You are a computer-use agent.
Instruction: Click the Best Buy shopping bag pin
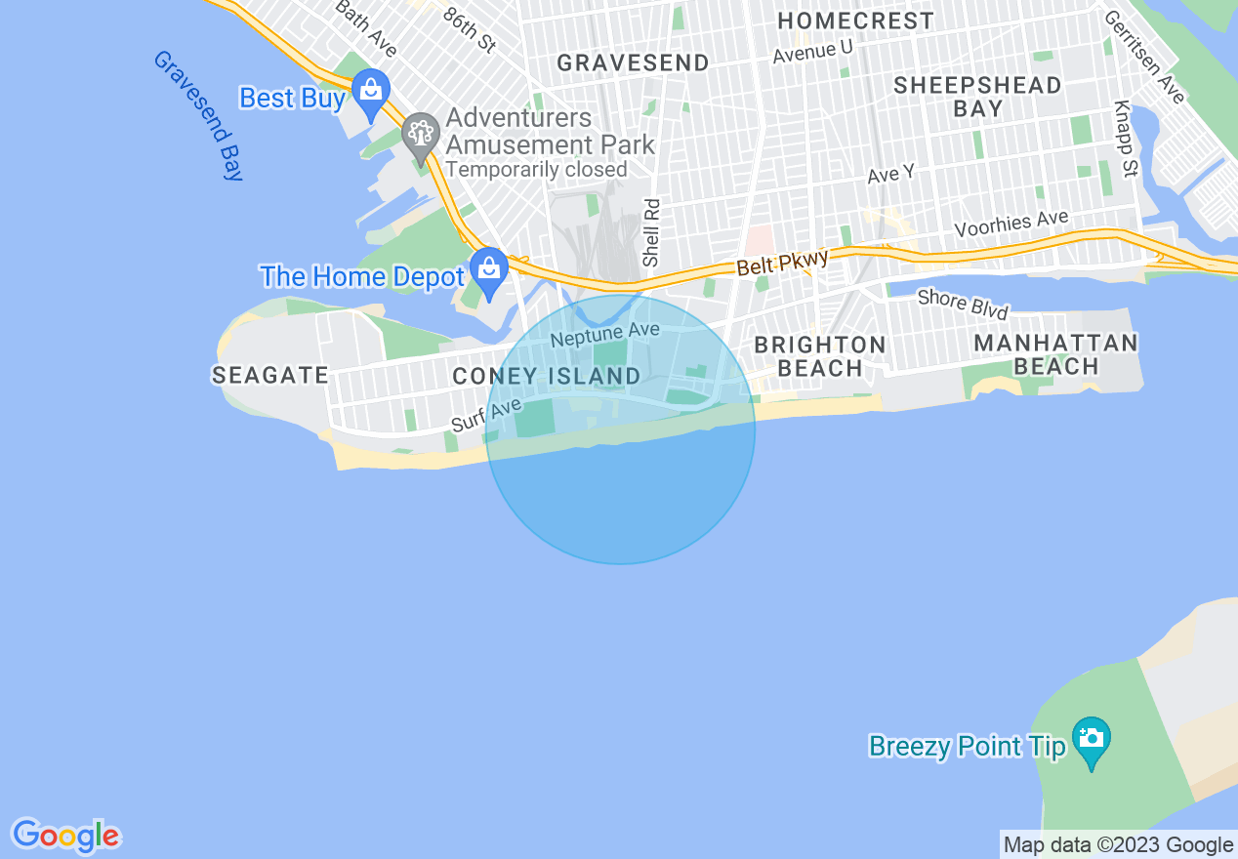click(x=371, y=91)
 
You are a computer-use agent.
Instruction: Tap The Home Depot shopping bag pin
click(x=488, y=268)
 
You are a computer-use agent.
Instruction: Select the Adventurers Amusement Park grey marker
click(x=421, y=134)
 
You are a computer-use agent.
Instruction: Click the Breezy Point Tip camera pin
click(x=1091, y=739)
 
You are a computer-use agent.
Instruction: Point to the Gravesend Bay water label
click(x=198, y=115)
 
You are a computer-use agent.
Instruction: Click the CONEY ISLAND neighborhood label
click(x=547, y=376)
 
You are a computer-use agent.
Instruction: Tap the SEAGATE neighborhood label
click(x=269, y=375)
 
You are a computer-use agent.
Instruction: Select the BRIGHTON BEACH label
click(x=820, y=356)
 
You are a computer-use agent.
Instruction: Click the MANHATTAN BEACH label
click(x=1055, y=354)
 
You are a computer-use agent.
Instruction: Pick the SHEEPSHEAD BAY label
click(x=977, y=97)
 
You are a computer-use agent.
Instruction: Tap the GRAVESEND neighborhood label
click(x=633, y=63)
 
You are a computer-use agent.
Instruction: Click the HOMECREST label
click(x=855, y=20)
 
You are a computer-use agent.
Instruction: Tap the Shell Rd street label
click(x=652, y=233)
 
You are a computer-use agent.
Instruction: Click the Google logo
click(x=65, y=836)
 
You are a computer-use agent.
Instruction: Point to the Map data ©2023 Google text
click(x=1118, y=844)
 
